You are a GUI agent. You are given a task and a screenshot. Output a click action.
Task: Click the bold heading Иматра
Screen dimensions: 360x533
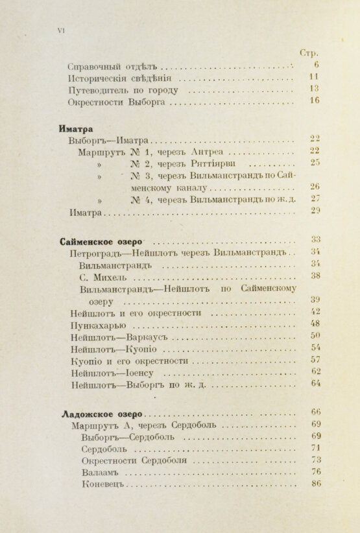pos(76,128)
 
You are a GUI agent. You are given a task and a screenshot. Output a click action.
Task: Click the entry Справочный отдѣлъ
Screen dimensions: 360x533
pos(113,65)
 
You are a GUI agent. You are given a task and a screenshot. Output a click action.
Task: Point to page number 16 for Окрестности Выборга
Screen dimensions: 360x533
pos(315,101)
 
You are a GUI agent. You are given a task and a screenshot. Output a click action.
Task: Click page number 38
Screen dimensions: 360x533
pos(315,275)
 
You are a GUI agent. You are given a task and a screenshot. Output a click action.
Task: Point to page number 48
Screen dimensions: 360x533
pos(315,323)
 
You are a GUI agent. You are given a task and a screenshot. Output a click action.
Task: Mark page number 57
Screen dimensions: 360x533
pos(315,359)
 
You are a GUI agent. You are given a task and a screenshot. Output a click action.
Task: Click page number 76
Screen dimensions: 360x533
pos(315,471)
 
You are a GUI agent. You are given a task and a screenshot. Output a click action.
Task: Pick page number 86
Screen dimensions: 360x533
pos(315,484)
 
